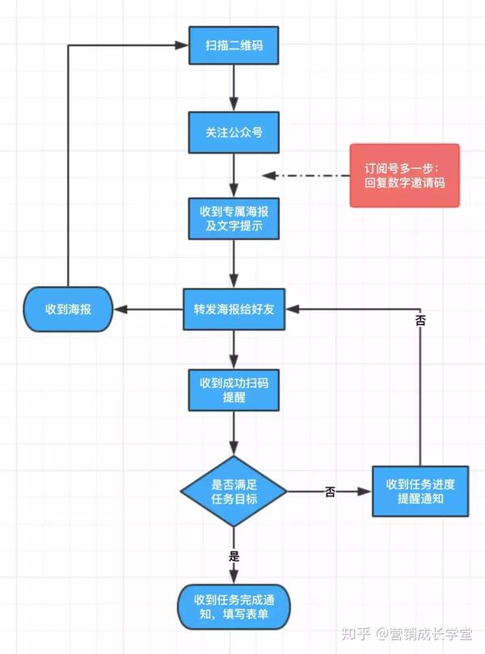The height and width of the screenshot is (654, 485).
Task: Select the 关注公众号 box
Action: point(234,131)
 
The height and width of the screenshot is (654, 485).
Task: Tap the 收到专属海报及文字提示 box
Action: point(234,217)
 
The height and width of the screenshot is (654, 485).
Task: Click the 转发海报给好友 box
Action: point(234,309)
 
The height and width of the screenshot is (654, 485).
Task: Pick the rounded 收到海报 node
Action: point(67,309)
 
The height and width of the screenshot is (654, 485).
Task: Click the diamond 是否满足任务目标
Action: point(234,491)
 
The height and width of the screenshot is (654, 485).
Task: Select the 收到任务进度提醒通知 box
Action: point(420,491)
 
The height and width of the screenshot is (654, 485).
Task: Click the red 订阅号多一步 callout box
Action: point(404,175)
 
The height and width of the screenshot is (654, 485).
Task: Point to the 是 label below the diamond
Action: point(234,555)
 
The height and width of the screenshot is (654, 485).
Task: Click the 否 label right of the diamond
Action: point(330,492)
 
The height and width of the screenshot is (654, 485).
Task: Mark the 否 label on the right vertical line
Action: point(420,321)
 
